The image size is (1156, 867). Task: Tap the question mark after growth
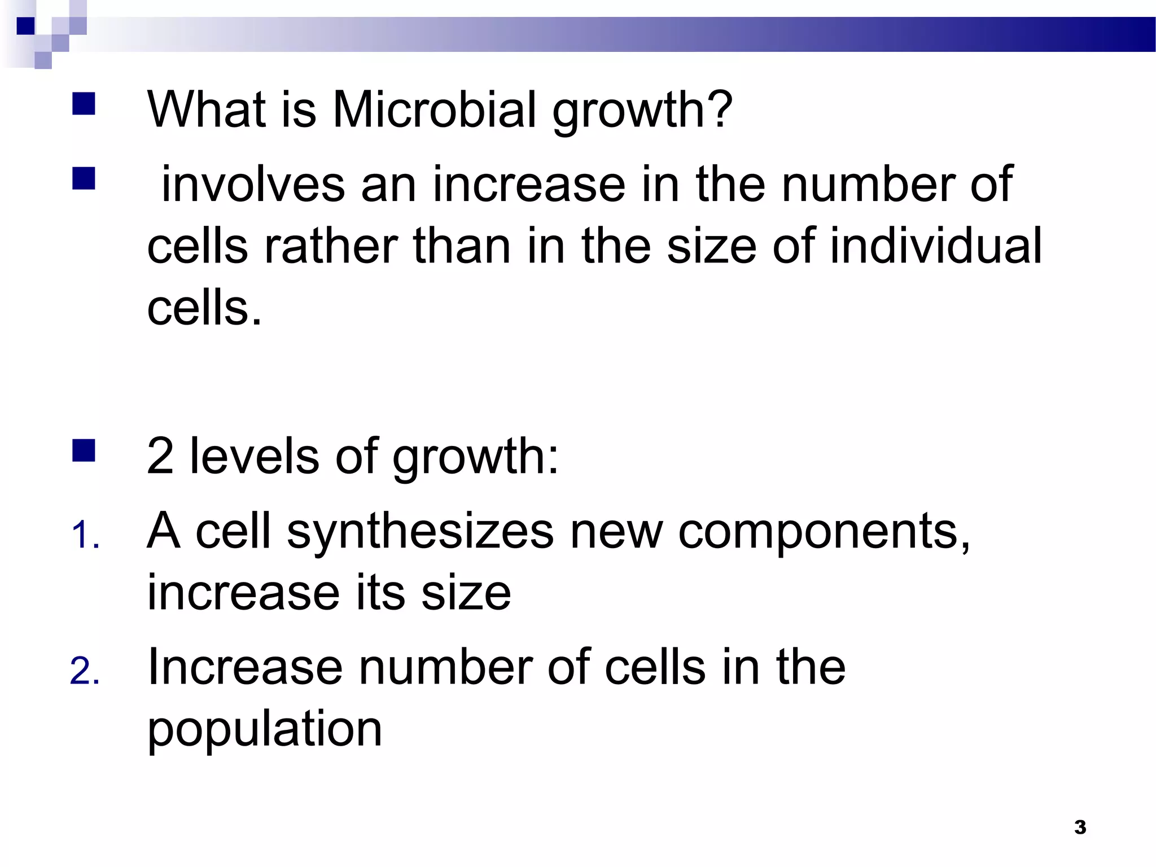point(719,109)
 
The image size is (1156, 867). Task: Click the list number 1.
point(85,536)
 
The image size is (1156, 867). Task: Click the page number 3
point(1080,827)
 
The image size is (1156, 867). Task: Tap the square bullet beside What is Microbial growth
point(84,104)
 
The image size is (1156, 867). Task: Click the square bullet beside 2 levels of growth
point(84,450)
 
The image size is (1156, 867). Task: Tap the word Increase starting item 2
point(245,667)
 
